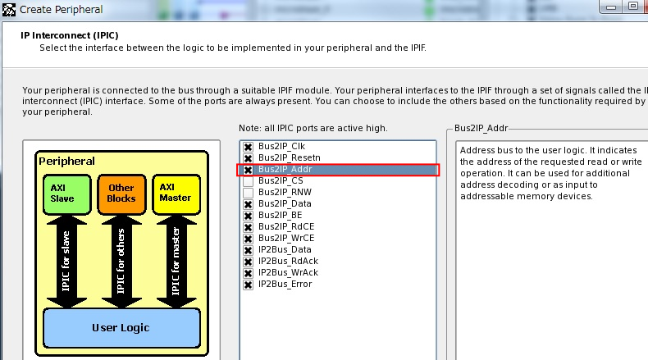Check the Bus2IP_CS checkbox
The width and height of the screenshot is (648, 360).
(248, 181)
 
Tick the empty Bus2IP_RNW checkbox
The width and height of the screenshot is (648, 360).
(248, 193)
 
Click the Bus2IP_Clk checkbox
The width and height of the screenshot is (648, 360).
(248, 147)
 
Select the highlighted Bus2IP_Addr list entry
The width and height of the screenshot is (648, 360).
(285, 170)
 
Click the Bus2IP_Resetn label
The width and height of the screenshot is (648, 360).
(290, 158)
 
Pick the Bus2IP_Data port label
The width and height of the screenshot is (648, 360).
(285, 203)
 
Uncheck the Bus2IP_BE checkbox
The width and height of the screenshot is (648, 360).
(248, 216)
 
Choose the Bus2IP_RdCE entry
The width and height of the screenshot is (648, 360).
(286, 227)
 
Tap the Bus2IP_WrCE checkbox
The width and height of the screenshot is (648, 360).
(248, 239)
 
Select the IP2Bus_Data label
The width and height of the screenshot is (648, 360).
(285, 249)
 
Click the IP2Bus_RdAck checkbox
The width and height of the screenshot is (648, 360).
(248, 262)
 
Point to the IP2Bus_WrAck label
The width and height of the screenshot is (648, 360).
(289, 273)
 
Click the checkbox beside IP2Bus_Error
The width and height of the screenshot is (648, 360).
(248, 285)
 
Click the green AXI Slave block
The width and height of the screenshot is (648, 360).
(67, 194)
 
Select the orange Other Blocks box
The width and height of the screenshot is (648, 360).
(121, 194)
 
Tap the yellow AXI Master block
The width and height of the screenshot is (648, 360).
(176, 194)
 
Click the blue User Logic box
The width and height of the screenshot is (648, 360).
(121, 328)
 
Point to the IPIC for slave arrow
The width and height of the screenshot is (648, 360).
(66, 262)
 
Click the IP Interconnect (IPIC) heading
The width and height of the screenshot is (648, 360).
(70, 35)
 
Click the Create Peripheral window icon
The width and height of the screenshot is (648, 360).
(9, 9)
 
